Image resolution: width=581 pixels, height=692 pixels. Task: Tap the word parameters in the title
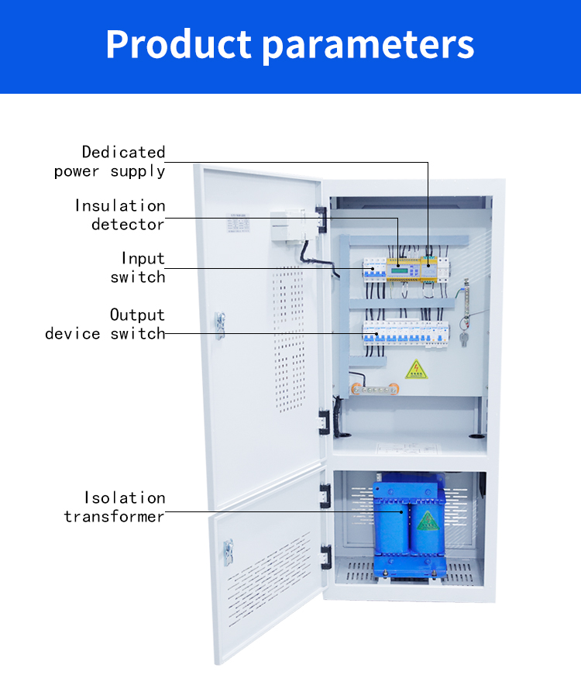(369, 46)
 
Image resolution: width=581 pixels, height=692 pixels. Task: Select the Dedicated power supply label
(110, 162)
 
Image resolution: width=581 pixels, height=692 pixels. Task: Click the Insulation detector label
(120, 215)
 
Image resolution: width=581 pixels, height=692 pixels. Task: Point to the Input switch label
(138, 267)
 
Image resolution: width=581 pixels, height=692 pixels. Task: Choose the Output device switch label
(105, 324)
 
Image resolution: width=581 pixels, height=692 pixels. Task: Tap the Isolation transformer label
(115, 507)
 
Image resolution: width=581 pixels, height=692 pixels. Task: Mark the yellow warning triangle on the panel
(417, 369)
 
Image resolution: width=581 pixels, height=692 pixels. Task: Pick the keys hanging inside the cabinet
(464, 339)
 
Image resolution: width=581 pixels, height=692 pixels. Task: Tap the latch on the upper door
(220, 325)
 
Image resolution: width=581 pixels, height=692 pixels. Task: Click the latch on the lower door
(228, 549)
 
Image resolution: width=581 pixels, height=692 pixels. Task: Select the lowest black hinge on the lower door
(326, 556)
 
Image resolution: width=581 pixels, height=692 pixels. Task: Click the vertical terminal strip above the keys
(466, 298)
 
